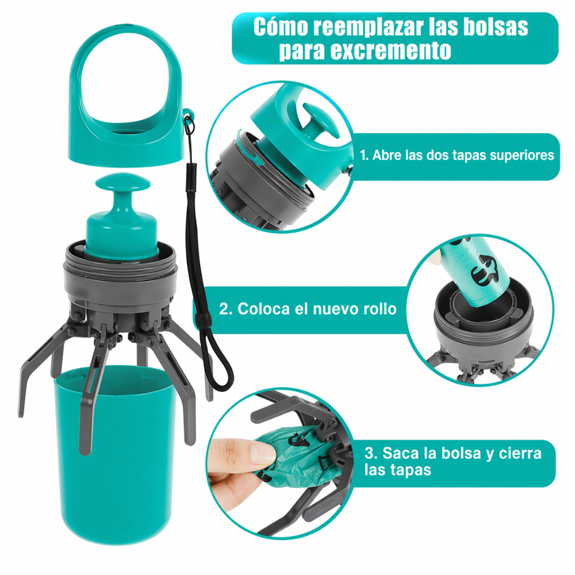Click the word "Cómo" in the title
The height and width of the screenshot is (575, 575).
pos(281,27)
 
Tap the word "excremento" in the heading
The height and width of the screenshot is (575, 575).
pos(390,50)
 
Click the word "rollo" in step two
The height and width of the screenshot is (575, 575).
pos(379,309)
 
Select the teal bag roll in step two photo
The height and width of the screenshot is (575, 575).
pos(474,270)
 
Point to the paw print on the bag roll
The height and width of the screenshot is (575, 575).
pos(484,270)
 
